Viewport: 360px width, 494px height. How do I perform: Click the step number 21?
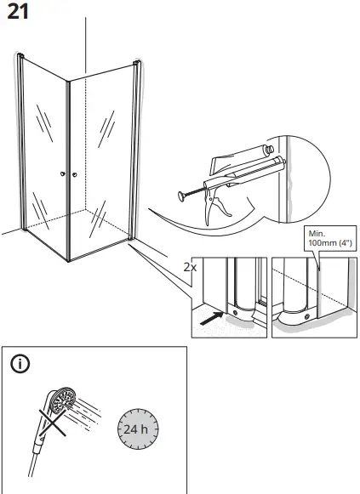[18, 12]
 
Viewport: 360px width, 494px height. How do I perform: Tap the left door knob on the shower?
[63, 174]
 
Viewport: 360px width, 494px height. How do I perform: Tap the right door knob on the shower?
[74, 174]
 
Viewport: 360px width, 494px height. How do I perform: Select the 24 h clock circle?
[138, 429]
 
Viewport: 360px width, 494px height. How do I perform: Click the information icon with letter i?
[20, 364]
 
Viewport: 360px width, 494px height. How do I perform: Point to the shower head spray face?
[64, 400]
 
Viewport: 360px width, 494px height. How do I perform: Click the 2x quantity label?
[190, 267]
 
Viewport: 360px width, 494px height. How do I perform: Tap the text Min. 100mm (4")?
[329, 238]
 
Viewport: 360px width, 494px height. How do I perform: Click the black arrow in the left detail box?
[212, 319]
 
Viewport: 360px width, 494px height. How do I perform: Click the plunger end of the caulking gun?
[182, 196]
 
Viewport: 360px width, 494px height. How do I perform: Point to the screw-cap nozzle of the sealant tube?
[269, 149]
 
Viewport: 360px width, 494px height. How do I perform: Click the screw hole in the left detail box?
[235, 313]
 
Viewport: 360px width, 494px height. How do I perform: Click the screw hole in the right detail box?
[306, 316]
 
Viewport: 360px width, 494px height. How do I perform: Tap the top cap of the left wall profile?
[20, 55]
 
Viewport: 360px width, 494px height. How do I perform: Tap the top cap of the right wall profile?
[137, 63]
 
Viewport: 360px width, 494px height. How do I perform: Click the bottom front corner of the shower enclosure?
[68, 260]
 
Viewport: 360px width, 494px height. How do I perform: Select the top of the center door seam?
[68, 82]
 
